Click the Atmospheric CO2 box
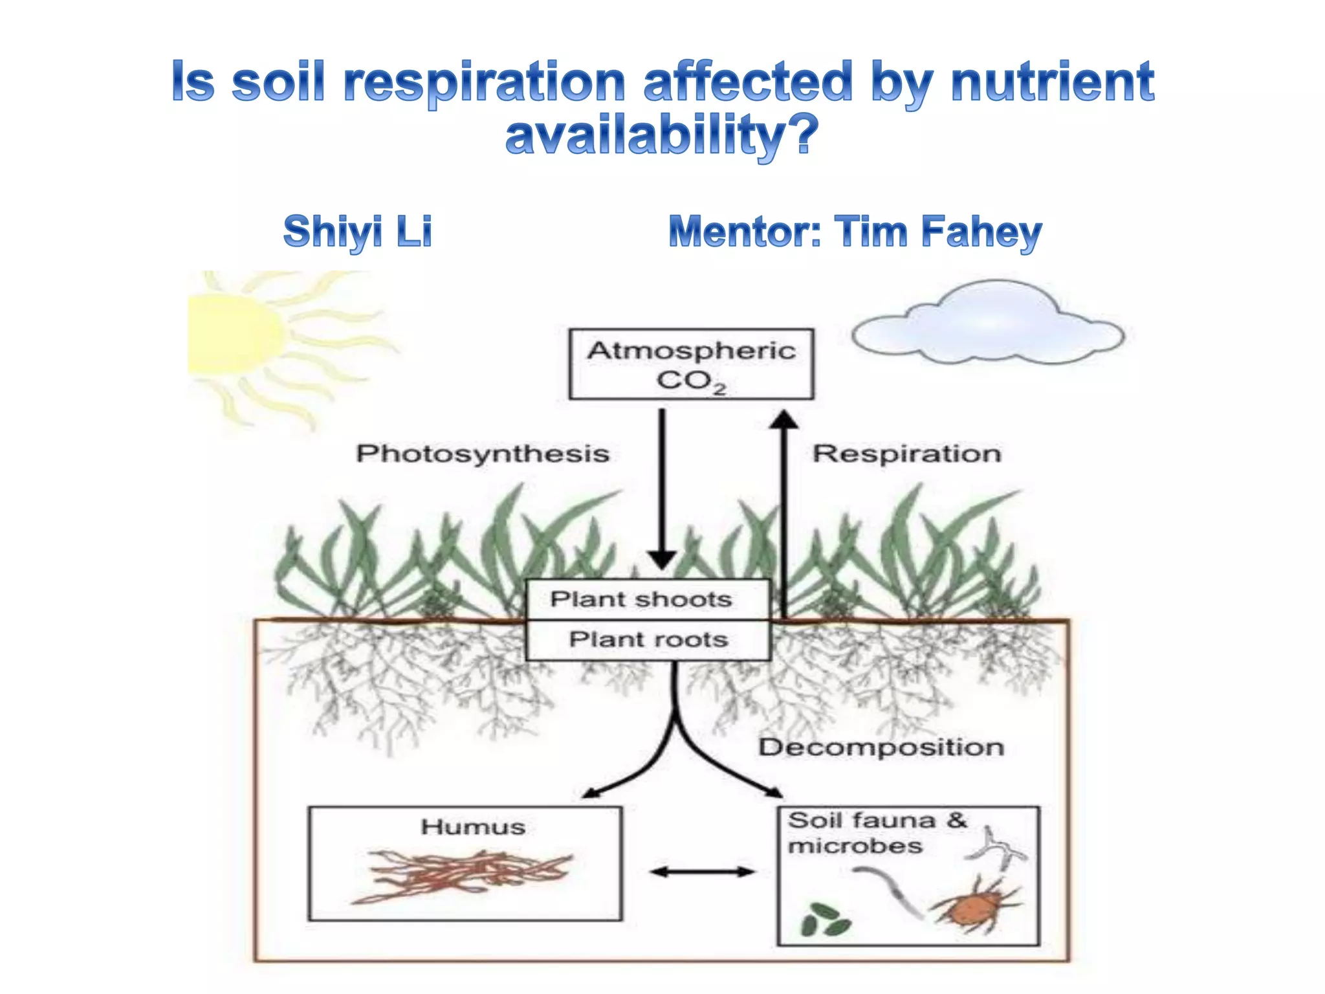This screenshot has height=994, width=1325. point(691,364)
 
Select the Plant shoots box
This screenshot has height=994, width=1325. point(648,599)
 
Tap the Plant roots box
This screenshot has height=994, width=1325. point(648,639)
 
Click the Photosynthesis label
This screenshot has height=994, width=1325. point(483,454)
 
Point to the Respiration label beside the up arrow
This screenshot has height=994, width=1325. point(906,454)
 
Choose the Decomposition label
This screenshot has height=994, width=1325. point(881,747)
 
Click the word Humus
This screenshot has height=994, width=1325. point(473,827)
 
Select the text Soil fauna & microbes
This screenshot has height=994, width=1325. point(876,834)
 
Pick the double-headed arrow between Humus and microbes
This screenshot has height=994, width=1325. point(702,872)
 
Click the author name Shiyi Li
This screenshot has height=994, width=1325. point(358,232)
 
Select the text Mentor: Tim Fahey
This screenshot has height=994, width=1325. point(855,232)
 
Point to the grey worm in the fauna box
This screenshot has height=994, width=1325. point(890,890)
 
